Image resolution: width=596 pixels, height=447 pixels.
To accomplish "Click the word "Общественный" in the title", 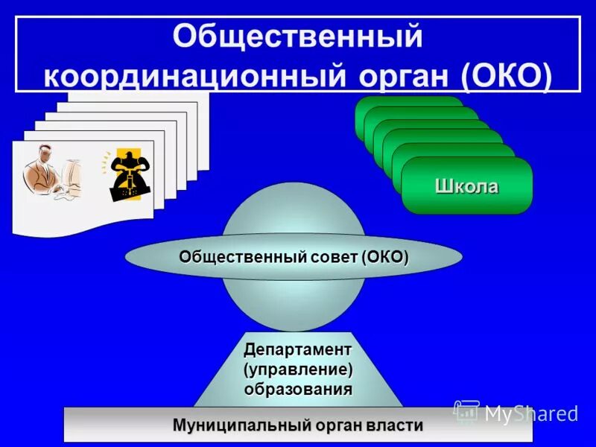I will click(297, 37).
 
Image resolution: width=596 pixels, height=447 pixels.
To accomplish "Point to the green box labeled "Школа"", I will click(467, 186).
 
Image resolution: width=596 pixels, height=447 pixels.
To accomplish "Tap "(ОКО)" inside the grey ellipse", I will click(385, 257).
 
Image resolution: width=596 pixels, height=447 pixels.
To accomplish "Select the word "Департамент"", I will click(298, 349).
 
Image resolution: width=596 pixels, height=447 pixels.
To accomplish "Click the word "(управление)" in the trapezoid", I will click(298, 369).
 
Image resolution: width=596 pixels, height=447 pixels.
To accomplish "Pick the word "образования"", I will click(298, 388).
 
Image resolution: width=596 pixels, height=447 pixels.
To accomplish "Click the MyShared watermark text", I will click(530, 413).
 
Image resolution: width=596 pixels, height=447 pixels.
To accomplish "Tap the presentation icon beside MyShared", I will click(466, 412).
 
